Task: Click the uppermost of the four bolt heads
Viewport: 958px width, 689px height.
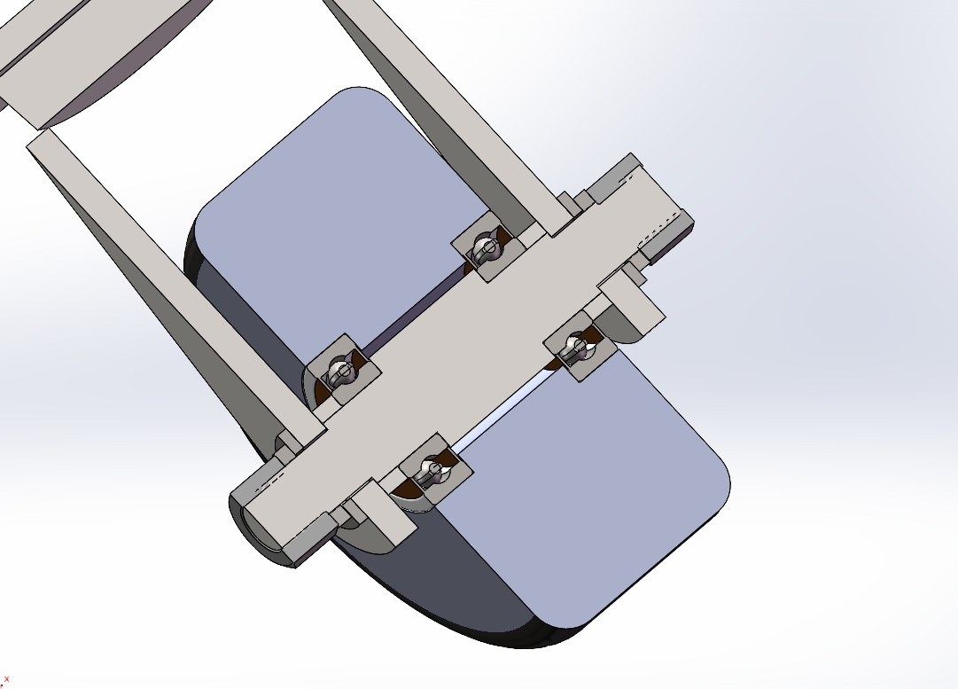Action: pos(485,247)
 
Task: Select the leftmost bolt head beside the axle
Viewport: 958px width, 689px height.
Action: pos(339,373)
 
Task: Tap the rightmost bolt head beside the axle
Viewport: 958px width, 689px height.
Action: pos(577,348)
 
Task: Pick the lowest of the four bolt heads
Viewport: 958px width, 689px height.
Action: pos(431,470)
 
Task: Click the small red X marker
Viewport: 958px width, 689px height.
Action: pos(7,680)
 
